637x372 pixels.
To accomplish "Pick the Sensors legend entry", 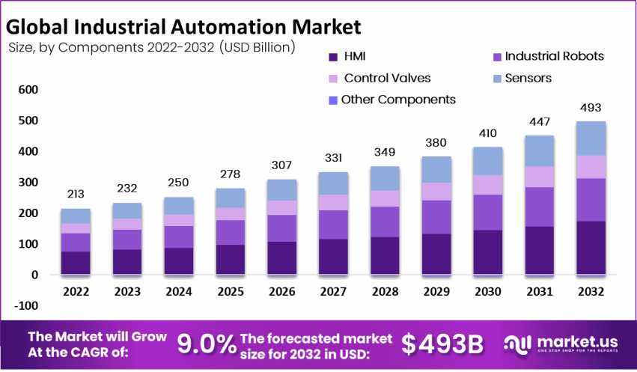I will pos(528,78).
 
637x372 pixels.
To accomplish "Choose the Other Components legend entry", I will pos(397,100).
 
